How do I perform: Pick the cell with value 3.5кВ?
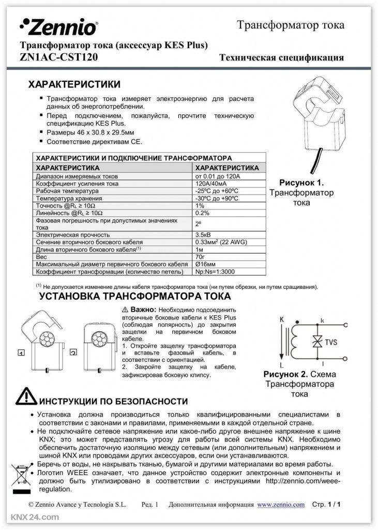pos(203,234)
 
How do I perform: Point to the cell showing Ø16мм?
pos(204,263)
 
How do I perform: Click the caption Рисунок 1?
pos(301,183)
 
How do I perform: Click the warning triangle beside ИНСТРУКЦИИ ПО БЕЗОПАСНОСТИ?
pos(26,396)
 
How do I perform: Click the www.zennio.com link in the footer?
pos(281,504)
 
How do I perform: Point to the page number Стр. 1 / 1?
pos(328,504)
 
